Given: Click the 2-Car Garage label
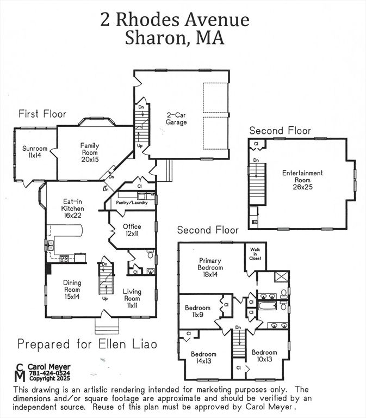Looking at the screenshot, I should [x=176, y=119].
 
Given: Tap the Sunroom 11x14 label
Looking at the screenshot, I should [x=35, y=152].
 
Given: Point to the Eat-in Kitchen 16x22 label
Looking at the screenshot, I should [x=72, y=208].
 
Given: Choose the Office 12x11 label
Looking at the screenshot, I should [x=132, y=230].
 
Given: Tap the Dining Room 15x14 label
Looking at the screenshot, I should [x=72, y=286].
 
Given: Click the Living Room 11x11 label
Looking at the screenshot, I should [x=132, y=295].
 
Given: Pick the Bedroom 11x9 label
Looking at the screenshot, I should [x=197, y=311].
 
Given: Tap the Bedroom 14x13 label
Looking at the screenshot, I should [x=203, y=358].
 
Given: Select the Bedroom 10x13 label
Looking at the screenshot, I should [x=264, y=355].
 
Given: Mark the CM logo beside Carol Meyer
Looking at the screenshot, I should [x=20, y=372].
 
